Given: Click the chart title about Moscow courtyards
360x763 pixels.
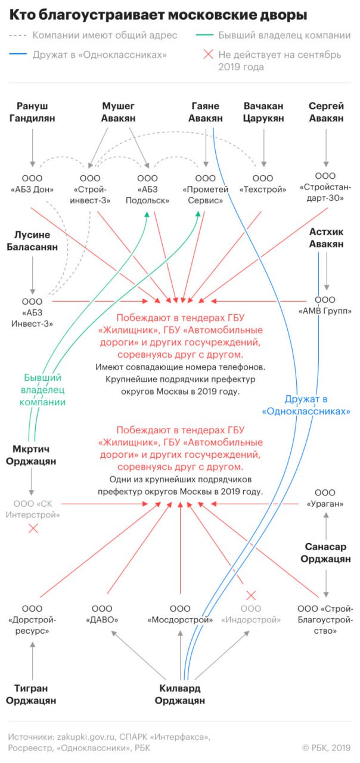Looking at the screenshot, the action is tap(158, 15).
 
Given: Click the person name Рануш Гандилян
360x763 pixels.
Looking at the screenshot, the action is tap(32, 112).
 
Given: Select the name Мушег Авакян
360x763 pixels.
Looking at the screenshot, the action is tap(118, 112).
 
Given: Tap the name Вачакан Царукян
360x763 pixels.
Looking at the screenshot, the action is tap(263, 112).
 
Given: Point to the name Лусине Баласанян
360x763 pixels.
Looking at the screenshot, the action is tap(32, 241).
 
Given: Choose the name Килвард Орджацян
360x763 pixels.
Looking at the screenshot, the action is tap(180, 694).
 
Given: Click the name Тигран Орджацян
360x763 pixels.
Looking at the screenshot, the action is tap(31, 694).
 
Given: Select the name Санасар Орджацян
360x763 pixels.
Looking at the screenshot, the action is tap(325, 553).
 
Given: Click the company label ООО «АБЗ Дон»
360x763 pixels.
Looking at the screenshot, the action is tap(32, 184).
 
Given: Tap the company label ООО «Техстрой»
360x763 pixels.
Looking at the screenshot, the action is tap(263, 184).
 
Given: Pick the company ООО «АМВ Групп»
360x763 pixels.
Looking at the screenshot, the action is tap(325, 305).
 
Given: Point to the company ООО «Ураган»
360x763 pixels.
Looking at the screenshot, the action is tap(325, 498).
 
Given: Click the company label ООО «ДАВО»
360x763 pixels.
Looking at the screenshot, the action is tap(102, 614).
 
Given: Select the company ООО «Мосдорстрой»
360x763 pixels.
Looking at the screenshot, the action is tap(180, 614).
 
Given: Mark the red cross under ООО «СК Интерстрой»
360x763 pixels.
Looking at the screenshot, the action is tap(33, 529).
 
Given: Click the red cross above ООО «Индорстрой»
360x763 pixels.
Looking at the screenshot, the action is tap(251, 595).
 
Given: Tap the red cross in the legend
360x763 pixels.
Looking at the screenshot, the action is tap(208, 54).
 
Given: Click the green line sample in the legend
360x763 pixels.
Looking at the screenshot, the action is tap(204, 35).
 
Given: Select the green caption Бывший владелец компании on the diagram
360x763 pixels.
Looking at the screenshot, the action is tap(42, 390).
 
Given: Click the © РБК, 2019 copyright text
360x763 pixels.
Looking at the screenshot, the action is tap(326, 748).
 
